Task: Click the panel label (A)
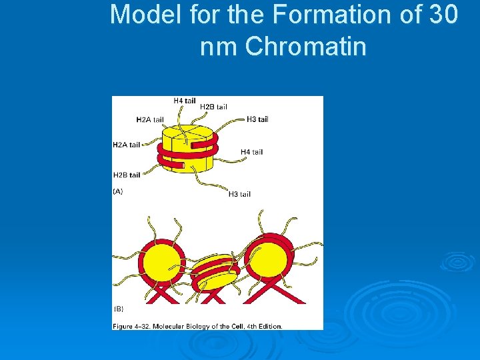pyautogui.click(x=117, y=191)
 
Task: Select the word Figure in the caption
pyautogui.click(x=123, y=326)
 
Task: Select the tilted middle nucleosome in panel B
pyautogui.click(x=215, y=272)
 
